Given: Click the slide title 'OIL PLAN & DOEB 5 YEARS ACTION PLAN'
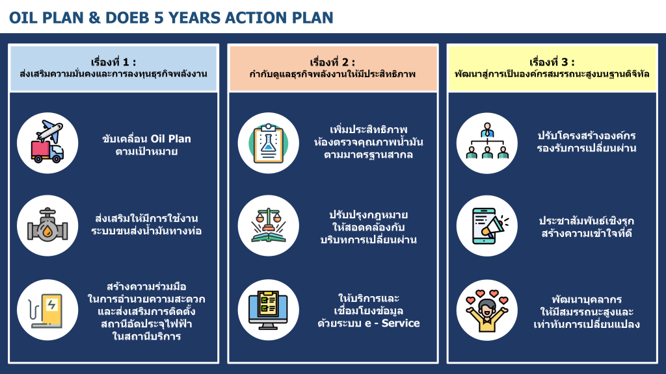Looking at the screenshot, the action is pos(171,18).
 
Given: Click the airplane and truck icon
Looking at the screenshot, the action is pos(47,142).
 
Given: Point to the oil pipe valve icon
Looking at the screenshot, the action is pos(47,225).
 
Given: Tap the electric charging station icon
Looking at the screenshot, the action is pos(47,310).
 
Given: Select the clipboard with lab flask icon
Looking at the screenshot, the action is pos(268,143).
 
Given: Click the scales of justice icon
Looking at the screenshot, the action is pos(268,225).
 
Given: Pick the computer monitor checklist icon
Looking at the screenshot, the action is pos(268,310).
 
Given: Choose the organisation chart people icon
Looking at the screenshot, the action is pos(487,141).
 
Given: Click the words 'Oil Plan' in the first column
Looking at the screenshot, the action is pos(171,139).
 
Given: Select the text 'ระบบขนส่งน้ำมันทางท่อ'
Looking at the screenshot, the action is pos(146,231).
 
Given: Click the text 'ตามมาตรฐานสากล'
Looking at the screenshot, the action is pos(368,155).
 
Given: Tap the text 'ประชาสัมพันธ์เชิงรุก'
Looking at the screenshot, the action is pos(587,221).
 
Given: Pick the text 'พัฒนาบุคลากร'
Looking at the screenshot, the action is pos(587,299).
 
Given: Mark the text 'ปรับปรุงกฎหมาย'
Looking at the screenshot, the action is pos(368,214).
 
